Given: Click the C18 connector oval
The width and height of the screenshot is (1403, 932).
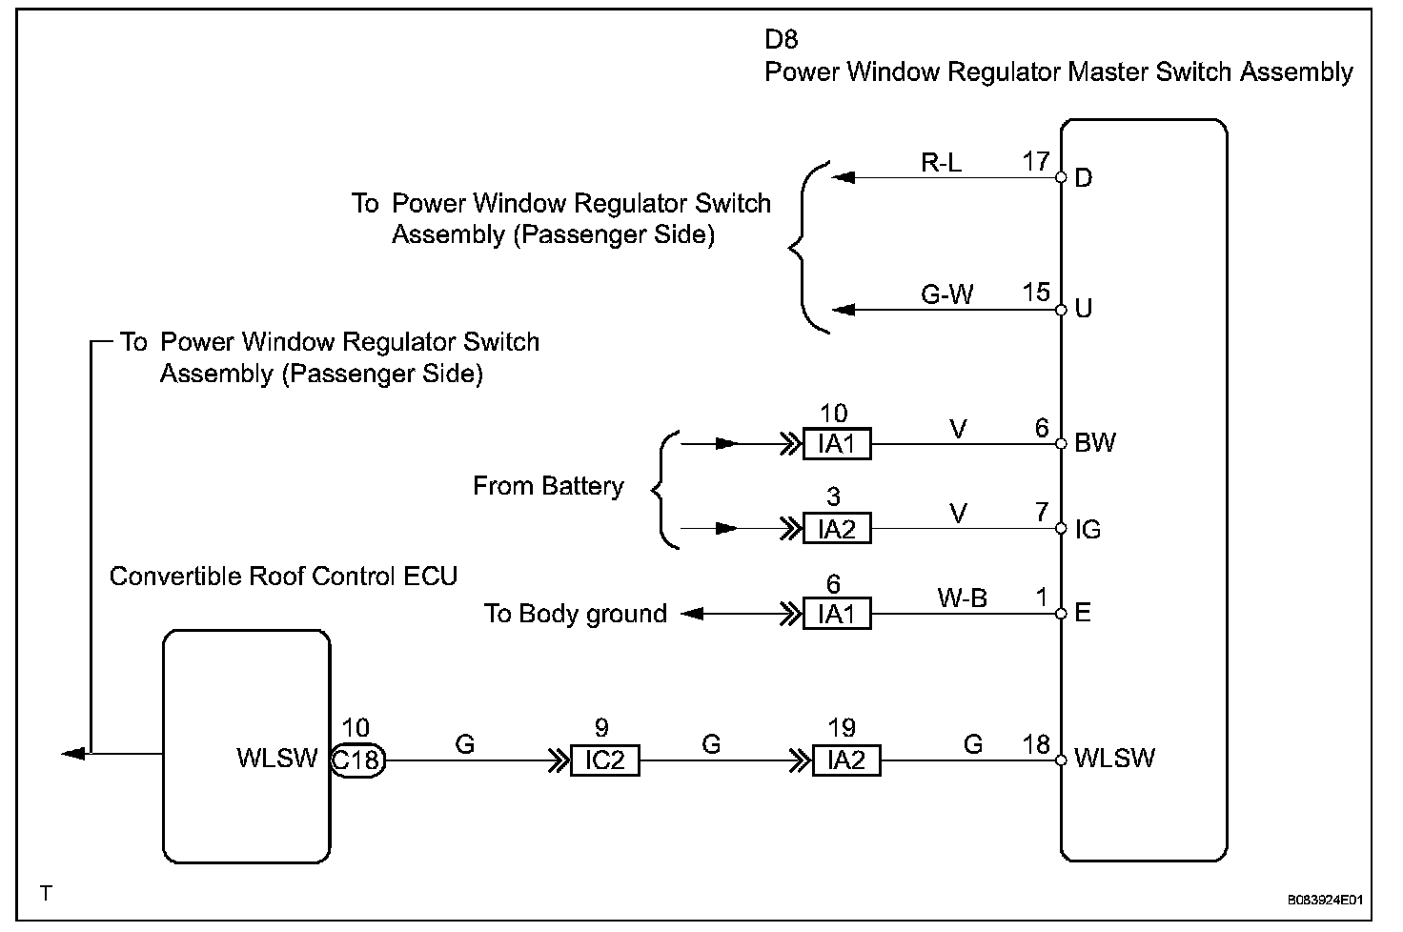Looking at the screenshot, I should (357, 760).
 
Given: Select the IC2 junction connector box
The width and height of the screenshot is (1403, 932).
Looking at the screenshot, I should (604, 760).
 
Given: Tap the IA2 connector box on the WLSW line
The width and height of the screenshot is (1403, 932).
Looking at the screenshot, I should (846, 760).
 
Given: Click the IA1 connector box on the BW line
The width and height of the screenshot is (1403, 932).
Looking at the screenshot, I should (837, 444).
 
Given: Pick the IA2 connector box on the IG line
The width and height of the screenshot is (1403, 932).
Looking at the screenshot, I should (837, 528).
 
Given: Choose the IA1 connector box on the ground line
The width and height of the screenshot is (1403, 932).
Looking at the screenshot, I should (837, 615).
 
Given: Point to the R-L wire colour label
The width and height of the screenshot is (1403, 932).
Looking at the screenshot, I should (941, 163).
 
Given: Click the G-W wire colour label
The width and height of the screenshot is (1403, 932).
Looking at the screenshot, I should (946, 294).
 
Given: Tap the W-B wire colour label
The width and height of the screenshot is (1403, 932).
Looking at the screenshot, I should (962, 598).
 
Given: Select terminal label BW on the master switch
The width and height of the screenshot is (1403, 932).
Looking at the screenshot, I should (1094, 443).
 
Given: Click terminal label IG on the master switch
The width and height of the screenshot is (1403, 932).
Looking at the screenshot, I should (1088, 529).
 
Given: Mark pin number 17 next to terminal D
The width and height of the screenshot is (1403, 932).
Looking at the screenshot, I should (1036, 161).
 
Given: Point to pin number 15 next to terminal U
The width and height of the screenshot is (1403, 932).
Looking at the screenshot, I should (1036, 293).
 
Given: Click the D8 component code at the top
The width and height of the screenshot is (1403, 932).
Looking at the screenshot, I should (782, 39).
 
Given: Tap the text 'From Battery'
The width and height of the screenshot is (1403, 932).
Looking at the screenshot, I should (548, 486).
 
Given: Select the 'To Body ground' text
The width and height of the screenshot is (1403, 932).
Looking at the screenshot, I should (575, 614).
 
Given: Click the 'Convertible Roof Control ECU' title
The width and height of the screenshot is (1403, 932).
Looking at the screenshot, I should (283, 576).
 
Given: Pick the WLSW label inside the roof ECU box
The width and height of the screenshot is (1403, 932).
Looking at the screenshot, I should (276, 759).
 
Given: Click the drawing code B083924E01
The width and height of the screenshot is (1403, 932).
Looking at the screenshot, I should (1326, 899).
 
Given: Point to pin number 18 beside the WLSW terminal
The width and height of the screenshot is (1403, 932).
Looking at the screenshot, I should (1036, 744).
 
